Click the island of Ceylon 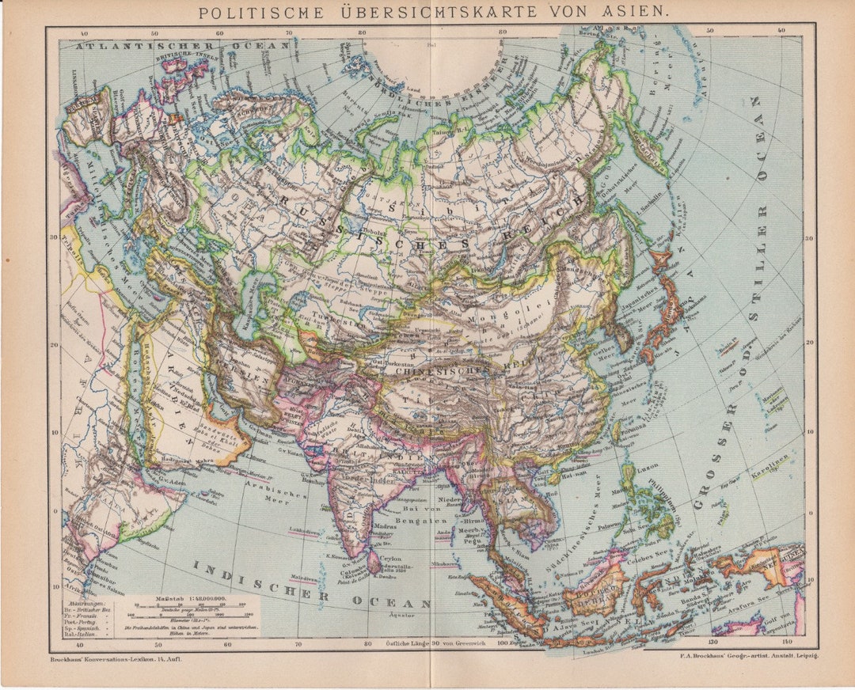[x=374, y=562]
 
